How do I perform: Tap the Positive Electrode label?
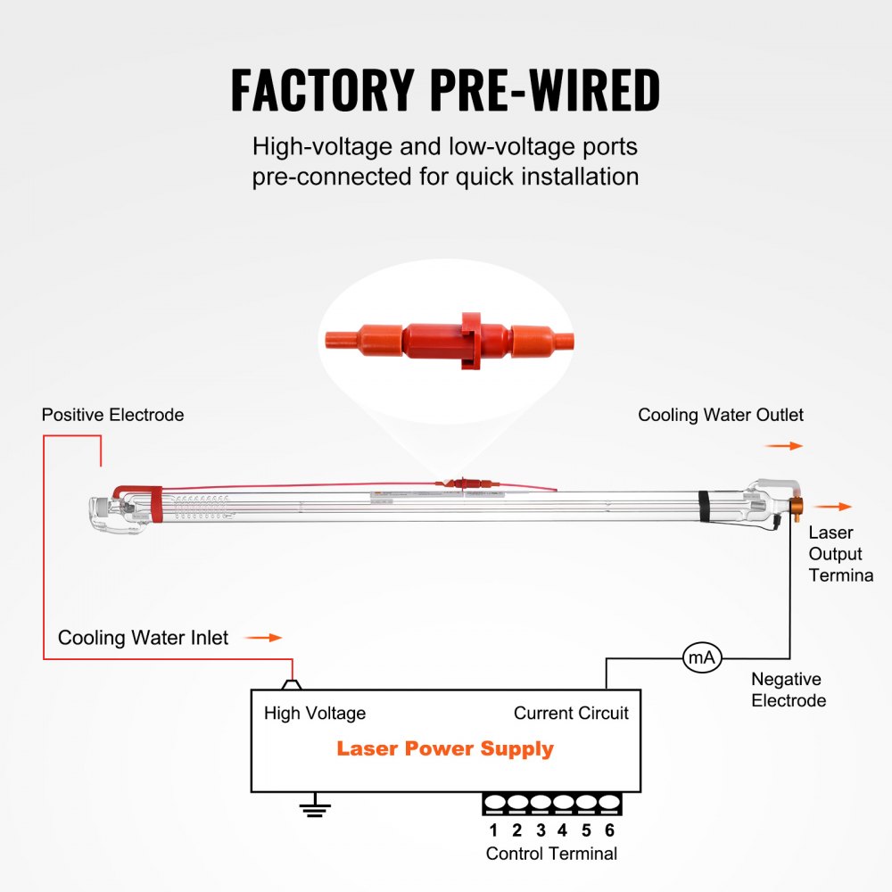pyautogui.click(x=112, y=415)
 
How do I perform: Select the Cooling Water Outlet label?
pyautogui.click(x=721, y=415)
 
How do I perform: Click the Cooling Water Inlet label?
pyautogui.click(x=143, y=638)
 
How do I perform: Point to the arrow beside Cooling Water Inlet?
pyautogui.click(x=263, y=638)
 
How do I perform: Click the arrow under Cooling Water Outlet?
pyautogui.click(x=784, y=446)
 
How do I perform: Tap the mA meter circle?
pyautogui.click(x=701, y=658)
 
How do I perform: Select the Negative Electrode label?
pyautogui.click(x=789, y=690)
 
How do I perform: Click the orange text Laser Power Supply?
pyautogui.click(x=445, y=748)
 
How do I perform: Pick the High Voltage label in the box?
pyautogui.click(x=315, y=713)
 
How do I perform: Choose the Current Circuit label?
pyautogui.click(x=571, y=713)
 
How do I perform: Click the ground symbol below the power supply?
pyautogui.click(x=314, y=809)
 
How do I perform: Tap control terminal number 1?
pyautogui.click(x=493, y=830)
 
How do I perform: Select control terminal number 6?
pyautogui.click(x=609, y=830)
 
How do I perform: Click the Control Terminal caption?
pyautogui.click(x=551, y=854)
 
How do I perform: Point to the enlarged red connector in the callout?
pyautogui.click(x=448, y=340)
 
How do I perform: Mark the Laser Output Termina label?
pyautogui.click(x=840, y=554)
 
